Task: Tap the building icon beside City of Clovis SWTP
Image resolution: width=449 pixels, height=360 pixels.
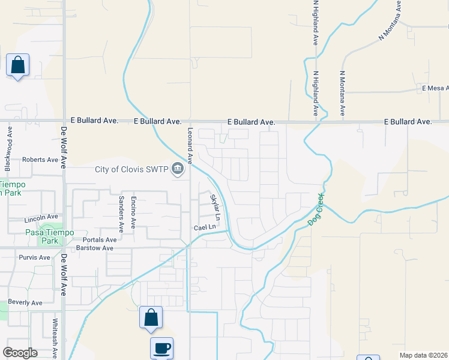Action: tap(178, 169)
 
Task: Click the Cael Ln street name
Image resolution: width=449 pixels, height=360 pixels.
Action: tap(204, 228)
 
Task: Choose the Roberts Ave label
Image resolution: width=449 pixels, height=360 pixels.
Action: tap(40, 160)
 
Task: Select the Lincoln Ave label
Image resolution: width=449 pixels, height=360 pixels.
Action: tap(41, 217)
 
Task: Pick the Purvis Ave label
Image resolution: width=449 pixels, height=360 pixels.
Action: tap(34, 257)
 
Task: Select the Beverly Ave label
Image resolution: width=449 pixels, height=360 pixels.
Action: tap(25, 303)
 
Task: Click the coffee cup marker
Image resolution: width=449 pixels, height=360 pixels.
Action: tap(161, 347)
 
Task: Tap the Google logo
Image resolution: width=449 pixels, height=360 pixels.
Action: tap(20, 353)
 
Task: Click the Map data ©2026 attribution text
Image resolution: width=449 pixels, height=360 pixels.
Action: tap(423, 355)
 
